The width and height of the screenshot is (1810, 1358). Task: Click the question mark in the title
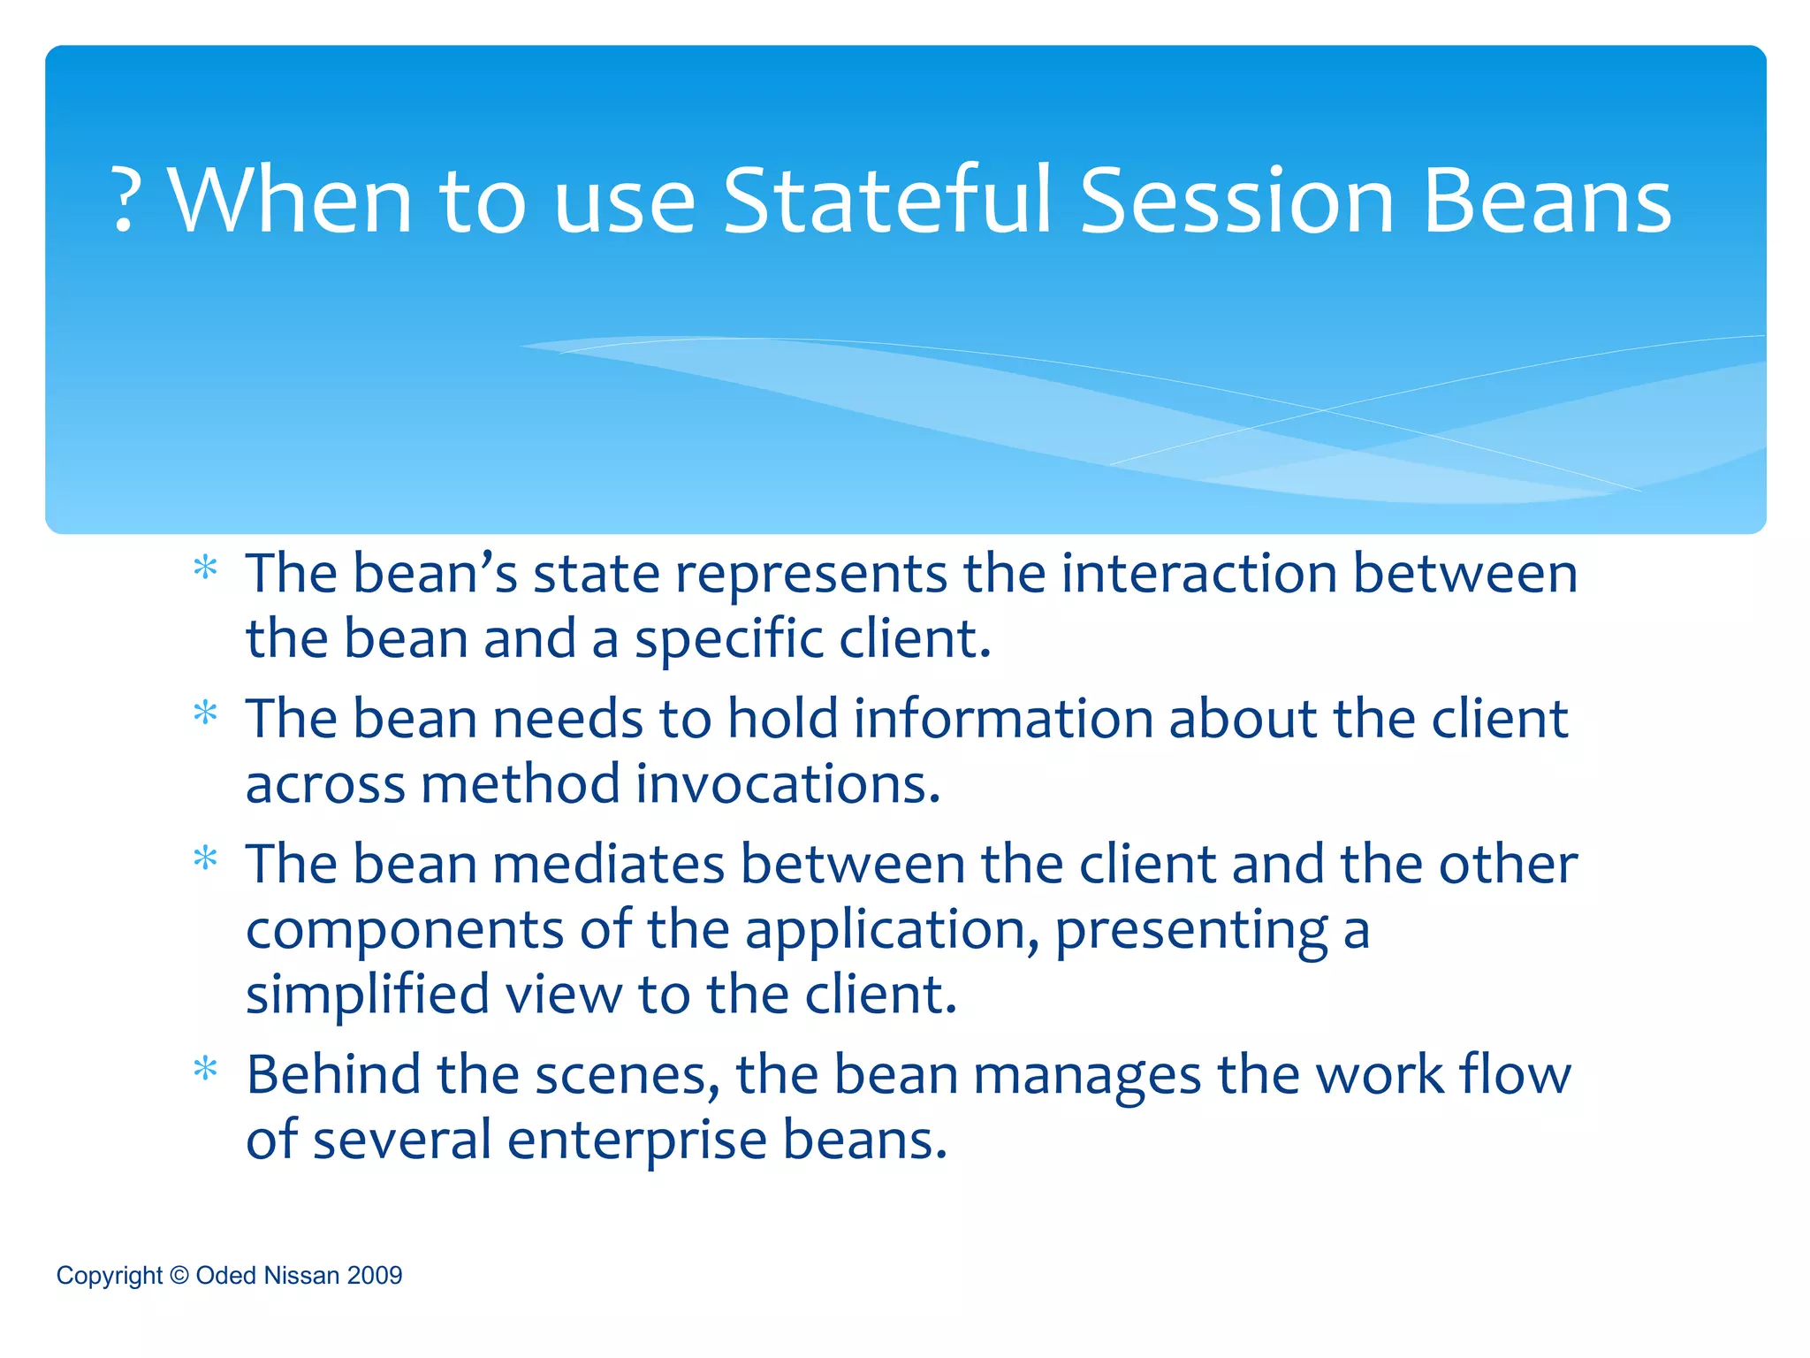pyautogui.click(x=125, y=202)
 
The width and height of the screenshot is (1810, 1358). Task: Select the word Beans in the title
pyautogui.click(x=1547, y=202)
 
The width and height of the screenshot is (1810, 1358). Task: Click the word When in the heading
pyautogui.click(x=290, y=202)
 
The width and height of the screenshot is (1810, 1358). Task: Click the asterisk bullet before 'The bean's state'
pyautogui.click(x=205, y=568)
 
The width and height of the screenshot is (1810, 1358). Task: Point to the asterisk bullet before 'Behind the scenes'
pyautogui.click(x=205, y=1070)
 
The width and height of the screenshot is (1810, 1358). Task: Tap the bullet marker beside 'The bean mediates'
pyautogui.click(x=205, y=858)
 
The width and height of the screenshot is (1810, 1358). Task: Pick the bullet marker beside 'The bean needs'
pyautogui.click(x=205, y=713)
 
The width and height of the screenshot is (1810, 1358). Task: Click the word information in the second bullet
pyautogui.click(x=1003, y=718)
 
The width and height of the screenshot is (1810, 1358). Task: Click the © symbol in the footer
pyautogui.click(x=179, y=1275)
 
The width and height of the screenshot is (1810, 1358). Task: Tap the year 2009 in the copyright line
pyautogui.click(x=375, y=1275)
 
